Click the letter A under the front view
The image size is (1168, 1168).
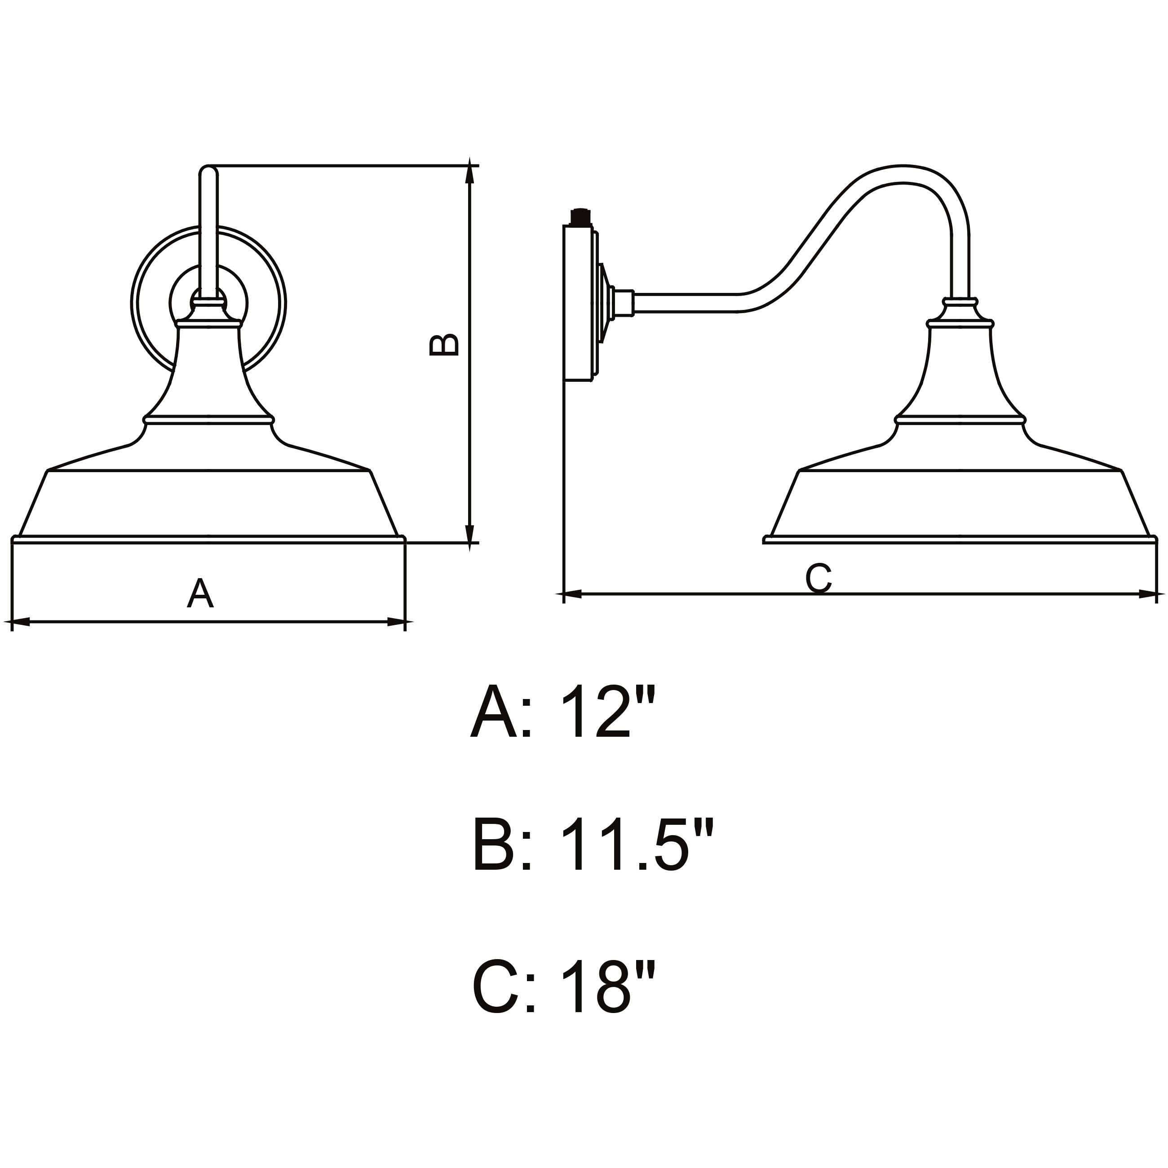200,594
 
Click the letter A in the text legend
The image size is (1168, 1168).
493,713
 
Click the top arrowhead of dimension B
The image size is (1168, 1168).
470,173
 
